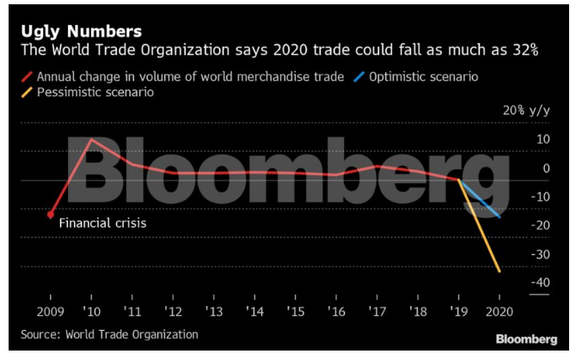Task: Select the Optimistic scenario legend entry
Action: pos(422,76)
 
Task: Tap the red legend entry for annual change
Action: pos(185,76)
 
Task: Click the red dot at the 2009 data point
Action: pos(51,215)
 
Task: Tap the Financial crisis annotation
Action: pos(103,223)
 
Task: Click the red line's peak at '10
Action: pos(92,139)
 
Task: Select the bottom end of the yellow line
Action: pos(500,272)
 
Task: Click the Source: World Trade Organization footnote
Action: pos(109,334)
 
